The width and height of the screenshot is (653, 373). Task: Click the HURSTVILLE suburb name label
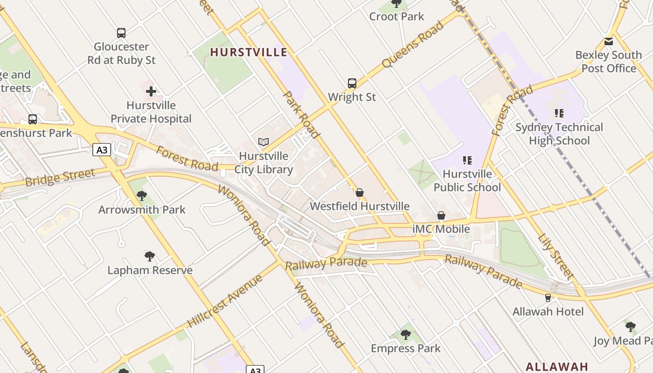(249, 52)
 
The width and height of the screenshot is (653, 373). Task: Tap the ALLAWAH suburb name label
(556, 366)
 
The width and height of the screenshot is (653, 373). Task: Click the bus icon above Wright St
(352, 83)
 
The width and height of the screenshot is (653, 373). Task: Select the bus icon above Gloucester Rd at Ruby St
(121, 33)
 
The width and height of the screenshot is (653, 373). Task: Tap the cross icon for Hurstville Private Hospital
(151, 91)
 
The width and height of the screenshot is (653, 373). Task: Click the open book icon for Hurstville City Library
(264, 142)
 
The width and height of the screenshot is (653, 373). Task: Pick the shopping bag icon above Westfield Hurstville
(360, 193)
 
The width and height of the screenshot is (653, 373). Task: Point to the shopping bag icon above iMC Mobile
(441, 215)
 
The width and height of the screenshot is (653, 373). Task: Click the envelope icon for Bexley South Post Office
(609, 41)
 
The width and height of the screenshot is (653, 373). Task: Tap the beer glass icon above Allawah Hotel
(548, 297)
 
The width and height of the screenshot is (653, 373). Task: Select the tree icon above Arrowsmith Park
(142, 196)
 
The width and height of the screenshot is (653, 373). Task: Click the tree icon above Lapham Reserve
(150, 256)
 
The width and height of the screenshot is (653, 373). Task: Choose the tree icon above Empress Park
(405, 334)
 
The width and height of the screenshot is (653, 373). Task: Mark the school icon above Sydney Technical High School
(559, 113)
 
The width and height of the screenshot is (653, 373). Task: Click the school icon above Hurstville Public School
(467, 160)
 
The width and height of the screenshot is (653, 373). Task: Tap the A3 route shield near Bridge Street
(102, 150)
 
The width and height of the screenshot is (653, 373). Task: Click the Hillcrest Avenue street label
(226, 301)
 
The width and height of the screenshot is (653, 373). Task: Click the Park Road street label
(302, 115)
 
